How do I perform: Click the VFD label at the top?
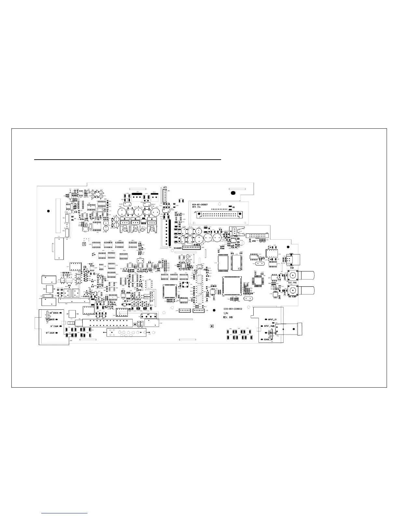pos(165,187)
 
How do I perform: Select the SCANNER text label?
pos(178,248)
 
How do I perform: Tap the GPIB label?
pos(254,241)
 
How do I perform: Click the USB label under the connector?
pos(292,268)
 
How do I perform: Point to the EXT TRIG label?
pos(292,282)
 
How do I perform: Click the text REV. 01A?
pos(197,208)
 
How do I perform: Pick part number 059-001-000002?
pos(232,309)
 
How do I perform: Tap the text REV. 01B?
pos(227,317)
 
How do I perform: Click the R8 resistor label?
pos(233,207)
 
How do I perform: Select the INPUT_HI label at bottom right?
pos(270,326)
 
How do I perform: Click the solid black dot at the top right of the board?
pos(233,193)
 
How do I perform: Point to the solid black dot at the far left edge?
pos(48,211)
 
